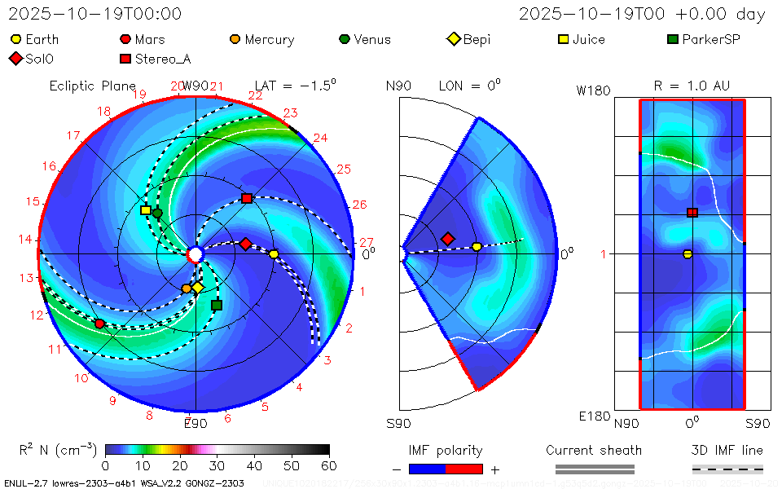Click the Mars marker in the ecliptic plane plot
[x=99, y=324]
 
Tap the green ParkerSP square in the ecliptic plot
[x=217, y=305]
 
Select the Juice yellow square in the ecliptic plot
[x=146, y=209]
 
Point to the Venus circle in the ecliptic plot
[x=157, y=214]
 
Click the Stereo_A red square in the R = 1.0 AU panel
[x=692, y=213]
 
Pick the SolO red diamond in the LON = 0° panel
[x=447, y=239]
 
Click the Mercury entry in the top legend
[x=269, y=39]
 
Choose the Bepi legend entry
[x=477, y=39]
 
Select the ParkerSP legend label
[x=710, y=39]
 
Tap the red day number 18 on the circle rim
[x=103, y=112]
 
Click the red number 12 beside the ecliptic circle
[x=37, y=315]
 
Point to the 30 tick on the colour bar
[x=217, y=465]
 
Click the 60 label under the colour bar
[x=329, y=465]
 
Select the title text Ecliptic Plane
[x=92, y=86]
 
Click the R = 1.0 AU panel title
[x=692, y=86]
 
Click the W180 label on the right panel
[x=593, y=90]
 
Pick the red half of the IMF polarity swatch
[x=464, y=469]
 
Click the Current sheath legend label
[x=594, y=450]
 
